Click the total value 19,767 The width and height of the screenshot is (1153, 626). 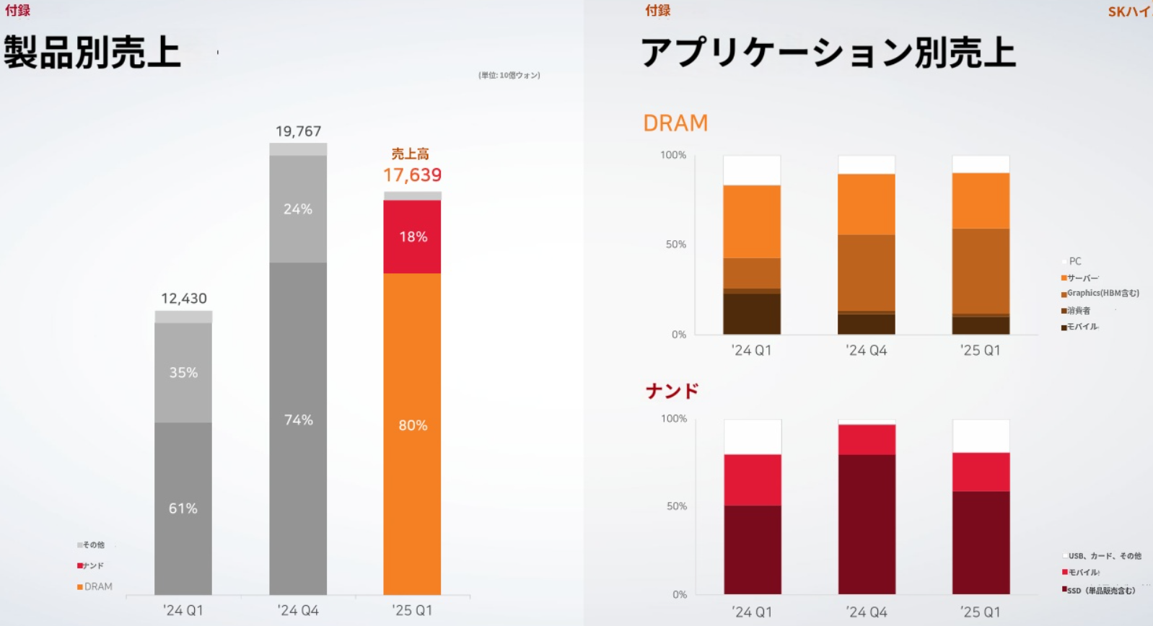298,131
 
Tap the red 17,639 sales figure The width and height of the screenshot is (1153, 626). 412,175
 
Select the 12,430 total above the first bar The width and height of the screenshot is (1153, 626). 183,299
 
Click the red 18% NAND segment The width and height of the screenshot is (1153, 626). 413,237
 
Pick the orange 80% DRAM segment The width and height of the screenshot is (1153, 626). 413,426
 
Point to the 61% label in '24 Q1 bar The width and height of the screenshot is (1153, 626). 183,508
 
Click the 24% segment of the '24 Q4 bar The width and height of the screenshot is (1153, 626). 298,209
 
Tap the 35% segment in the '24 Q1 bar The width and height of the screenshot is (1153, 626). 183,373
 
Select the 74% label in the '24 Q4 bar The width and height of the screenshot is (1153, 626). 298,420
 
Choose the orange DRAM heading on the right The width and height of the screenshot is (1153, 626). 675,123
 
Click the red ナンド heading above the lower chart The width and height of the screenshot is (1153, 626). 672,391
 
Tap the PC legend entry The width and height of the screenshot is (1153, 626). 1074,261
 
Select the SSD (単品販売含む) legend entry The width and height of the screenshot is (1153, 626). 1100,591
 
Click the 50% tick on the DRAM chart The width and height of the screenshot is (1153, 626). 676,244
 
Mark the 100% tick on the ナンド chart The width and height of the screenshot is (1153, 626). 674,418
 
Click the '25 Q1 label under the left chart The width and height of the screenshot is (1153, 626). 412,610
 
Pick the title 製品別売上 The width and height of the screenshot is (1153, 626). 92,53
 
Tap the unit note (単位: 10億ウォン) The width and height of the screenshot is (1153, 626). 509,75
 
